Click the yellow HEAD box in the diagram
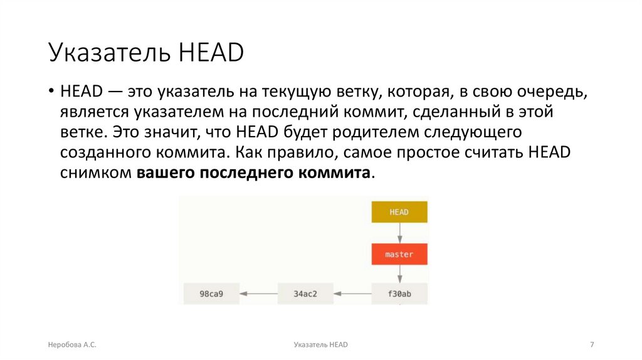pos(399,212)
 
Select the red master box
pos(399,255)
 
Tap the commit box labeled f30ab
pos(399,293)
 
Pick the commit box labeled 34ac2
pos(305,293)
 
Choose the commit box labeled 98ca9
pos(211,293)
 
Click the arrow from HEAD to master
pos(399,233)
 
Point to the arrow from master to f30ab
pos(399,274)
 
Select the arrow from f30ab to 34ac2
pos(352,293)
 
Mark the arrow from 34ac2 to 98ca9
pos(258,293)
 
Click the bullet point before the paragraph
pos(51,92)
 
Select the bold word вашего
pos(164,173)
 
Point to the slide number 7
pos(592,345)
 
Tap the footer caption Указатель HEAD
pos(320,345)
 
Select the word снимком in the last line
pos(96,173)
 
